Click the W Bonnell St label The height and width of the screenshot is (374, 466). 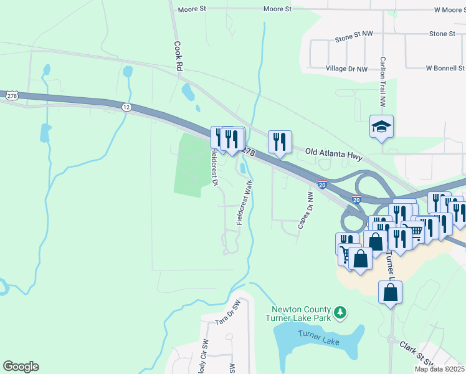[445, 68]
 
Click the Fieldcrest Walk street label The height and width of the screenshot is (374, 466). [244, 203]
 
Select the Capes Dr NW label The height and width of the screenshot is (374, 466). [305, 210]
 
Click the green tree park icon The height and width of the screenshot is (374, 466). [340, 311]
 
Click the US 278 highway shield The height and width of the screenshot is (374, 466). [12, 96]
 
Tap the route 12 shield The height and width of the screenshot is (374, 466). [127, 107]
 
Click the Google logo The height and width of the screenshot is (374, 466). [21, 367]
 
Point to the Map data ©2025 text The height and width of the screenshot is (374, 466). [439, 369]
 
